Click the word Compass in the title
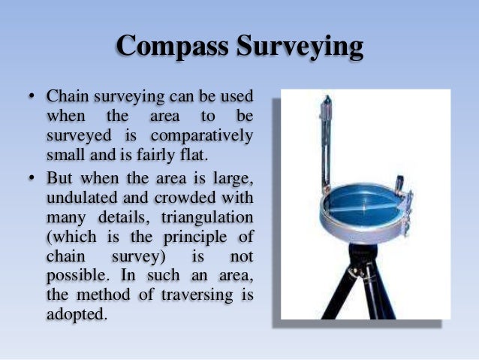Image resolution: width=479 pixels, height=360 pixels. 173,47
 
